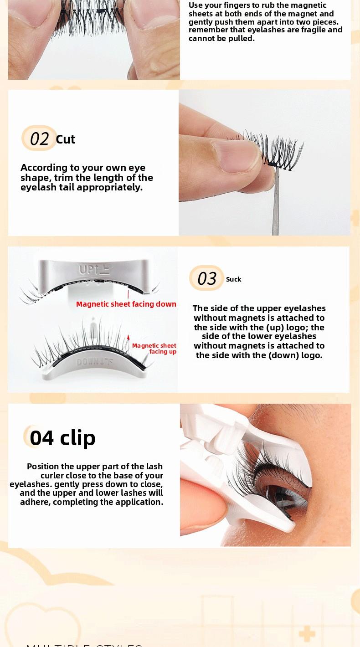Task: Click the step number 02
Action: tap(39, 139)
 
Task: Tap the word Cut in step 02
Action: tap(65, 139)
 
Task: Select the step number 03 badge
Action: tap(206, 278)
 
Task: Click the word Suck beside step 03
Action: tap(233, 279)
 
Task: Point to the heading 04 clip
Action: tap(62, 438)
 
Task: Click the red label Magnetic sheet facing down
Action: tap(126, 304)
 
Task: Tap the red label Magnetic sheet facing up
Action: tap(154, 349)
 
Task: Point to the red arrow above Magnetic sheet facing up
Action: tap(129, 338)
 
